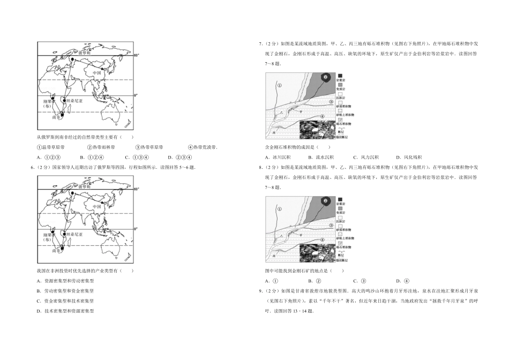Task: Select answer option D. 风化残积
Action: click(x=409, y=157)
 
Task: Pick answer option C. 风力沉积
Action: click(x=366, y=157)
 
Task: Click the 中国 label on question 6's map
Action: click(x=97, y=206)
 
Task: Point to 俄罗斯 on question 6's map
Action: click(x=85, y=187)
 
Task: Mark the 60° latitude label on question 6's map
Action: click(x=137, y=189)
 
